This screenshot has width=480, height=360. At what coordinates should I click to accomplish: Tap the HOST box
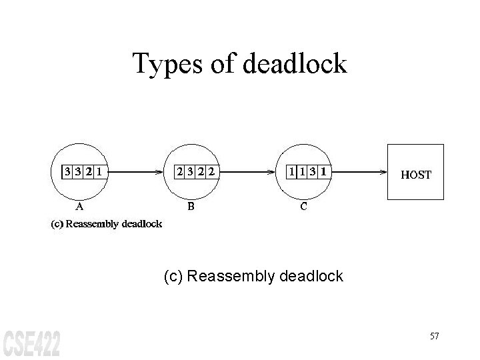pyautogui.click(x=415, y=172)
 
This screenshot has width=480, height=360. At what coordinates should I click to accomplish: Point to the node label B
pyautogui.click(x=191, y=206)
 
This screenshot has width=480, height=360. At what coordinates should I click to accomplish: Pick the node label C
pyautogui.click(x=303, y=206)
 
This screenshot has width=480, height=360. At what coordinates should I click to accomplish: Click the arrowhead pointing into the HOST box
pyautogui.click(x=384, y=172)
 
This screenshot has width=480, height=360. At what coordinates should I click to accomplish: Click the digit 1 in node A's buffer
pyautogui.click(x=99, y=172)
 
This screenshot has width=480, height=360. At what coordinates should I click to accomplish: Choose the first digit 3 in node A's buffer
pyautogui.click(x=67, y=172)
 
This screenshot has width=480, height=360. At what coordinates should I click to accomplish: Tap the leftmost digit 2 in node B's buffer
pyautogui.click(x=180, y=172)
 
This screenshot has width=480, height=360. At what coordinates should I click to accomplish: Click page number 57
pyautogui.click(x=434, y=336)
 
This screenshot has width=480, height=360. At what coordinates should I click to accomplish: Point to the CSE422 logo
pyautogui.click(x=31, y=342)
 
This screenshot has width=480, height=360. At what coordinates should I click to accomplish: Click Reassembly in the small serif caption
pyautogui.click(x=93, y=224)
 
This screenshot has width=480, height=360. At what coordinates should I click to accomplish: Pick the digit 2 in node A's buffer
pyautogui.click(x=88, y=172)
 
